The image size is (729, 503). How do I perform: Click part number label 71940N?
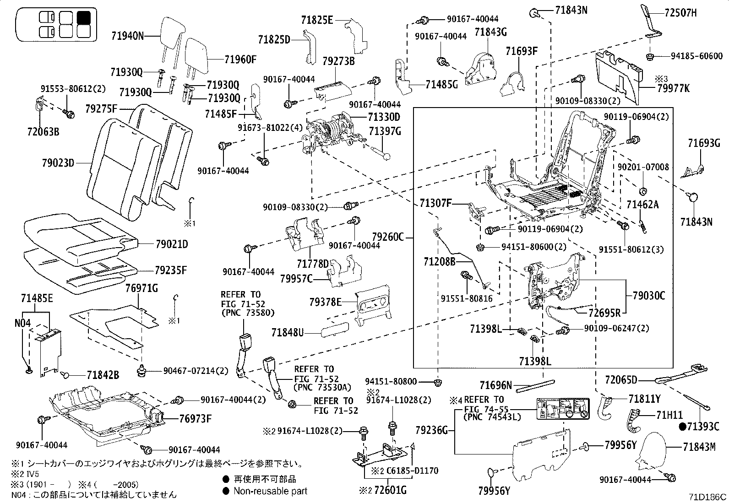tap(127, 35)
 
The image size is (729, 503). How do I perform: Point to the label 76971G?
tap(141, 288)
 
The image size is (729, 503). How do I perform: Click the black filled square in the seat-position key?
tap(83, 17)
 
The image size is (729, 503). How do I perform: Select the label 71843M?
tap(699, 447)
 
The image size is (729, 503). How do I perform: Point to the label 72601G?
tap(391, 491)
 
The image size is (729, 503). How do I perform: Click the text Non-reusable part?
tap(270, 491)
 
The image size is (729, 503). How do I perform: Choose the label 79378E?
tap(325, 302)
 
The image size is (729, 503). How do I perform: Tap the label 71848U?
tap(287, 332)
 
